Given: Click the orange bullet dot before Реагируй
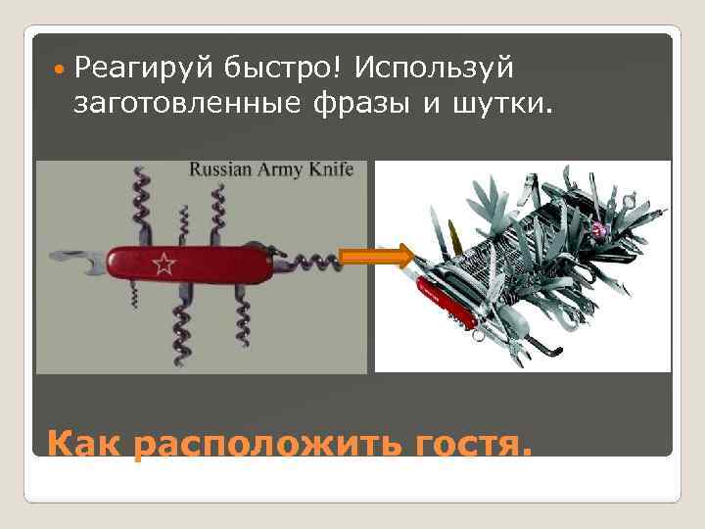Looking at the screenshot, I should point(62,70).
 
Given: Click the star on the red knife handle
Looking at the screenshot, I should point(163,263).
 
